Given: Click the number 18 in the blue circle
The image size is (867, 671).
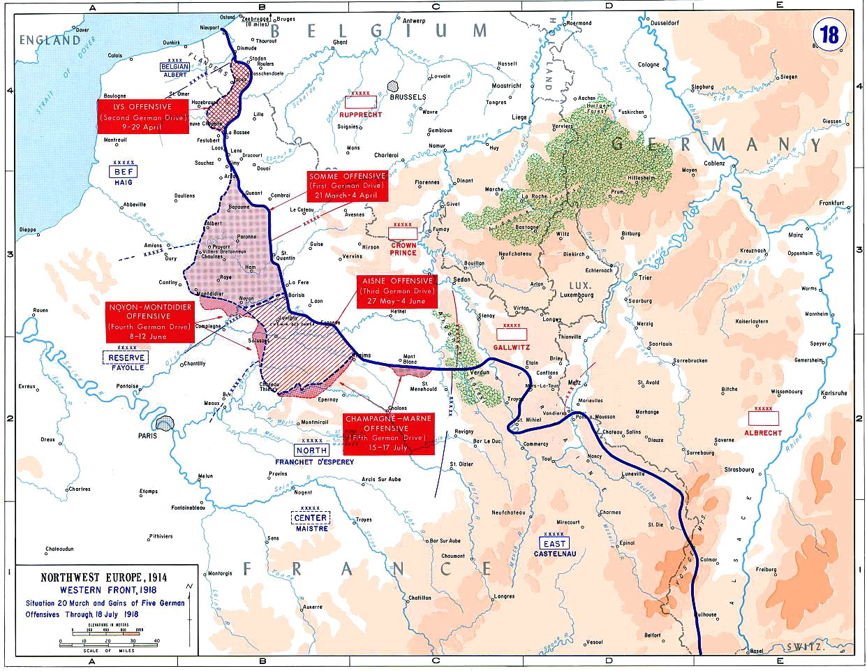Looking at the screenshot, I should point(829,35).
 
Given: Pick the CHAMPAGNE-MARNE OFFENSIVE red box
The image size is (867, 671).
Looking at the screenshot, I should point(388,432).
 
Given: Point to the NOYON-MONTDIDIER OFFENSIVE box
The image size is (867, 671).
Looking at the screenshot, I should point(150,321).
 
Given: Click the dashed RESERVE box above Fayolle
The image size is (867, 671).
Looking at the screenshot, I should point(126,357).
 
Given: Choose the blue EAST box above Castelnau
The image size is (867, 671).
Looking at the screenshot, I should point(555,543).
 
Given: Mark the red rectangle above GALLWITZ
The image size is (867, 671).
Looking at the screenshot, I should point(512,334).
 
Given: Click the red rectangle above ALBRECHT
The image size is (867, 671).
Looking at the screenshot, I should point(763,418).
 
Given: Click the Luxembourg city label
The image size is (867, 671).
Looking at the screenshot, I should point(577,295).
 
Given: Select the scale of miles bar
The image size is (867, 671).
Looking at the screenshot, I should point(109,640).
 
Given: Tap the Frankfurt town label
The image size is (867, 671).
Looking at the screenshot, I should point(831,203).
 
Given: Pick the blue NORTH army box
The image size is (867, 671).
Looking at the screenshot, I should point(311,450).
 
